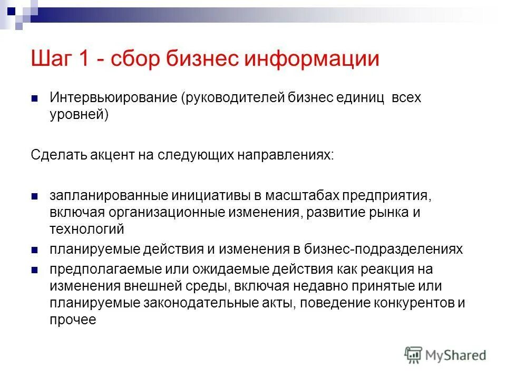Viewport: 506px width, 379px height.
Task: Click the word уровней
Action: pyautogui.click(x=77, y=115)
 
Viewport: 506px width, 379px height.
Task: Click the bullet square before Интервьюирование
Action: pyautogui.click(x=35, y=98)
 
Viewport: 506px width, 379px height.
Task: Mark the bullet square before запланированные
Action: pyautogui.click(x=35, y=196)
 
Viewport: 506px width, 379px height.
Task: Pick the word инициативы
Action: pyautogui.click(x=210, y=196)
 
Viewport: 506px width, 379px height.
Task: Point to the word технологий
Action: pyautogui.click(x=87, y=229)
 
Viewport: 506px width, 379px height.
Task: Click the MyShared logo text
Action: pyautogui.click(x=456, y=355)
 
